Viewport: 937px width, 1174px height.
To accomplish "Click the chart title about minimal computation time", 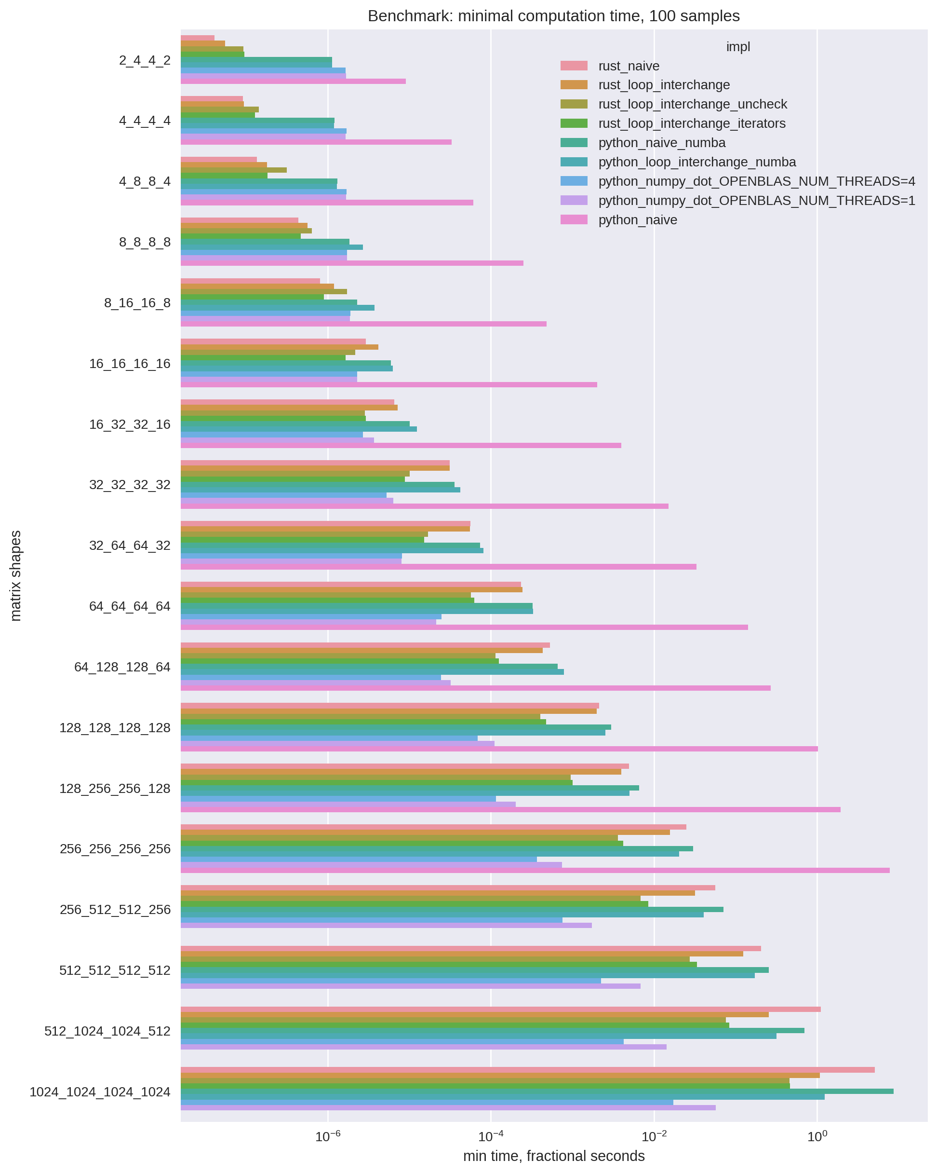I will tap(553, 16).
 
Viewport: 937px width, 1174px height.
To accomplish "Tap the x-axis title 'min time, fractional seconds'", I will tap(553, 1156).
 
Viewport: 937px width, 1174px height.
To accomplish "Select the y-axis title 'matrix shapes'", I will tap(16, 575).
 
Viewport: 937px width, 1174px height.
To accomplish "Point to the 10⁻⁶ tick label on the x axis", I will tap(328, 1136).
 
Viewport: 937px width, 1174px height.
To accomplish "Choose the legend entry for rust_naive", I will tap(629, 66).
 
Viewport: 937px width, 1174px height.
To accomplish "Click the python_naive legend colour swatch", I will tap(574, 219).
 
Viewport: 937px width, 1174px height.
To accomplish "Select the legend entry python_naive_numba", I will tap(662, 143).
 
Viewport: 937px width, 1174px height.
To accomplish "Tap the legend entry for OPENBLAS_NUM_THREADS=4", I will tap(756, 181).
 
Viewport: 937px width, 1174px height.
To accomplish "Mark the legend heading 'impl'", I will tap(738, 47).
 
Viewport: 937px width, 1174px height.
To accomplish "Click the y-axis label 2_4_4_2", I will tap(145, 60).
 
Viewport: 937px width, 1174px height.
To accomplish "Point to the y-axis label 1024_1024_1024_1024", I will tap(100, 1092).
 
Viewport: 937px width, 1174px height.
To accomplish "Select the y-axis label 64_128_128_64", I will tap(122, 667).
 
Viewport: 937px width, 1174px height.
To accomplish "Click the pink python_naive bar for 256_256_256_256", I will tap(535, 870).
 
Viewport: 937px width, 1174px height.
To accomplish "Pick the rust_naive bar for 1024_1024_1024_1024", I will tap(527, 1070).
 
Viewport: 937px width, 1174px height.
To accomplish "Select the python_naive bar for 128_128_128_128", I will tap(499, 749).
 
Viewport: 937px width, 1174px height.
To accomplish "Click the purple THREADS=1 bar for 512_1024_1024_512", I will tap(423, 1047).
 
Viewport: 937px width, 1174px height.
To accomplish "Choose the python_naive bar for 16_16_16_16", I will tap(388, 385).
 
